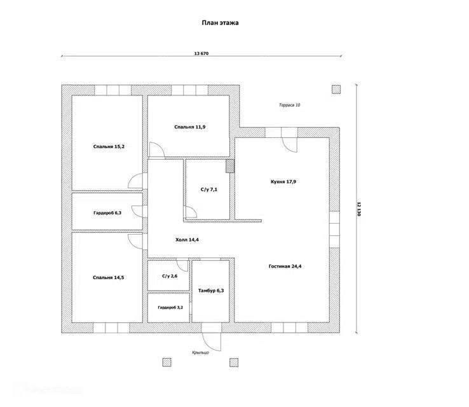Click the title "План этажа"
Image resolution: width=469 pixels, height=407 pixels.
(x=221, y=22)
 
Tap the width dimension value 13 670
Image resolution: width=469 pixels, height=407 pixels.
(x=201, y=54)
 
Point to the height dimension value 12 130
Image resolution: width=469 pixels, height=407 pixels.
(x=358, y=209)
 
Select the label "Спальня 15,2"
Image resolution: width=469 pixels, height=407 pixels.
(x=109, y=147)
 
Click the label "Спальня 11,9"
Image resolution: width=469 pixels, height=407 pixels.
(x=189, y=127)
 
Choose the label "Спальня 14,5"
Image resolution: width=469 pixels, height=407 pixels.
(x=109, y=277)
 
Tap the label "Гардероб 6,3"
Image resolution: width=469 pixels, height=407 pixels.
(x=107, y=213)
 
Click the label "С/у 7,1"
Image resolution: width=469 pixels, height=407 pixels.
(x=209, y=190)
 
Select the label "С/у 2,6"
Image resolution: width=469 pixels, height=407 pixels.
(x=170, y=276)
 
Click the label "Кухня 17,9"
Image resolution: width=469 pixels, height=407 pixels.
(x=283, y=182)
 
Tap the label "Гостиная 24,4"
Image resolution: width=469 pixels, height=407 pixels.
(x=285, y=266)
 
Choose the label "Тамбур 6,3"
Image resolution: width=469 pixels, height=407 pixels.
(x=211, y=290)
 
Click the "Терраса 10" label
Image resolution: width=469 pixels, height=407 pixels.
(x=289, y=105)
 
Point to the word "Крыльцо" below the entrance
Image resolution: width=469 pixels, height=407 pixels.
(x=200, y=352)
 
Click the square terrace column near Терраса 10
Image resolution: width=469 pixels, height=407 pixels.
(x=336, y=90)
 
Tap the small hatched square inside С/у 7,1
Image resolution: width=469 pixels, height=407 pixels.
(x=230, y=167)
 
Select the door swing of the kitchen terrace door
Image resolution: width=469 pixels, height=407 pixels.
(x=290, y=144)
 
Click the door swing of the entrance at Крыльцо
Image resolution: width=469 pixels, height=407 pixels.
(x=211, y=340)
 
